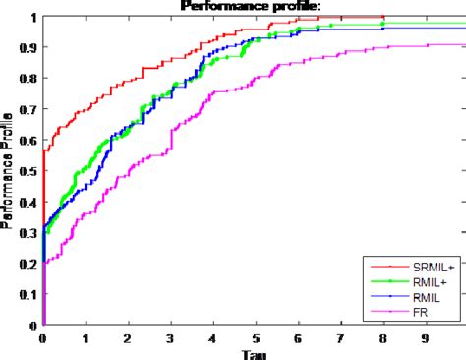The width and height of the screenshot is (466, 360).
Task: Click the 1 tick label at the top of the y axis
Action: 33,17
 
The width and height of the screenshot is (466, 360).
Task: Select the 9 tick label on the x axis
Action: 424,337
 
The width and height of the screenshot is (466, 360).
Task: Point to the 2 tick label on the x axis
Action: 128,337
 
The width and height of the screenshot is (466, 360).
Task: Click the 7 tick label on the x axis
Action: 339,337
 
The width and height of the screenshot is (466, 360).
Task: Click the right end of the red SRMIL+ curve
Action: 381,17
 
